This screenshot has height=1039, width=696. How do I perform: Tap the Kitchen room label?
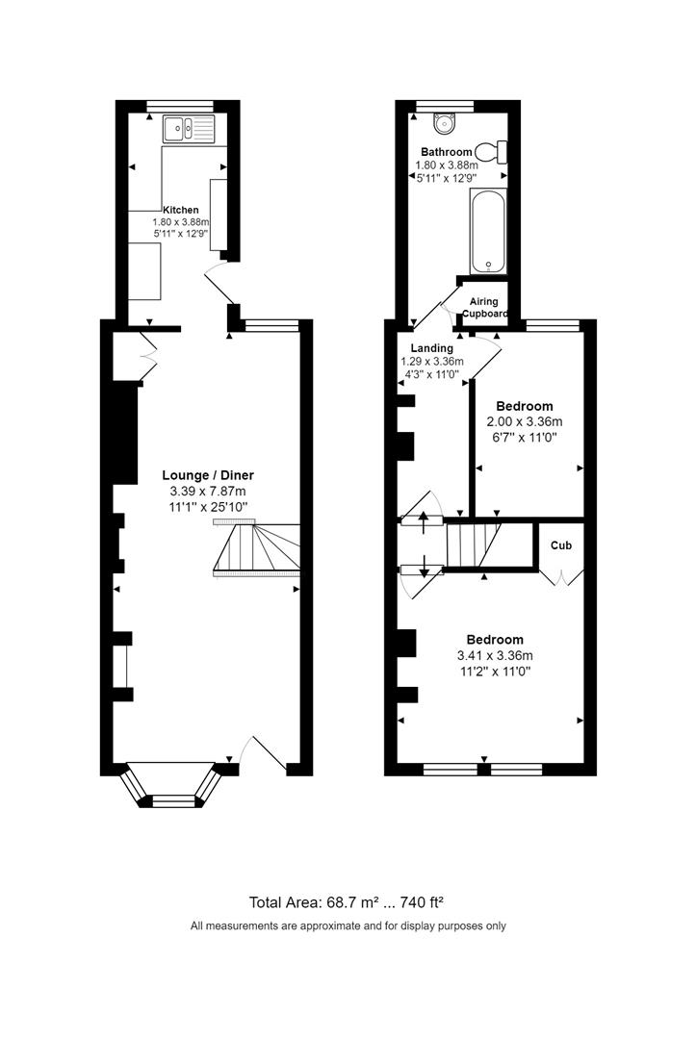point(181,210)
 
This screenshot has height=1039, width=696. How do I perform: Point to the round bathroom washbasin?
point(445,122)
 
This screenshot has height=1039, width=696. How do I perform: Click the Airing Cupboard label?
point(484,308)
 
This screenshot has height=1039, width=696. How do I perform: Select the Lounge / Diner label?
point(208,475)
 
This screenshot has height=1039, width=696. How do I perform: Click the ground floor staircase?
point(257,549)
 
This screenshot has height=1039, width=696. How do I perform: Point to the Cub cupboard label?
point(560,545)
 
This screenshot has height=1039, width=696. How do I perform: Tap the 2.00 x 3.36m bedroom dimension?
point(528,421)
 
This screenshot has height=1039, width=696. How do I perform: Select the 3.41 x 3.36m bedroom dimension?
point(495,656)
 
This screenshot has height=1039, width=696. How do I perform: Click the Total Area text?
point(346,902)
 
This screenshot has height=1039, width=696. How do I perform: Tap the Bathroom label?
point(446,152)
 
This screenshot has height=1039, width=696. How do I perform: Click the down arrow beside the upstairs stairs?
point(424,570)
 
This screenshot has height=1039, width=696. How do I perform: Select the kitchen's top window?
point(178,105)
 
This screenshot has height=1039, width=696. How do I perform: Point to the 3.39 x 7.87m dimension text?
point(208,492)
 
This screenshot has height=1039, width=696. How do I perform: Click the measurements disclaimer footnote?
point(348,926)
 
